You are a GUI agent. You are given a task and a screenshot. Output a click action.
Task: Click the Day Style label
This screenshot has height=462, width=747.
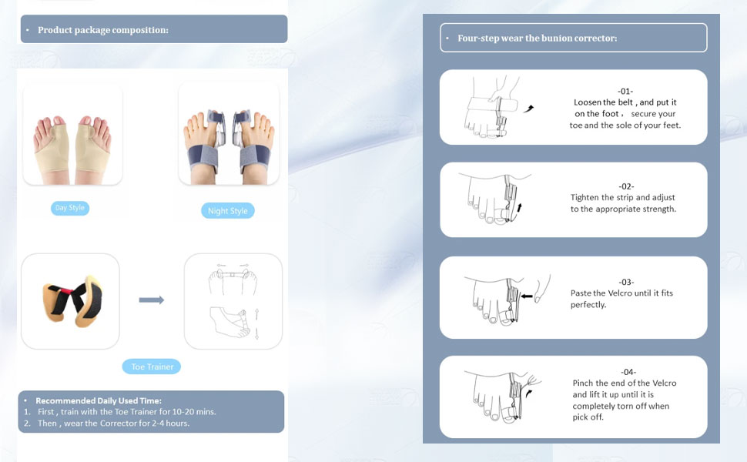click(70, 208)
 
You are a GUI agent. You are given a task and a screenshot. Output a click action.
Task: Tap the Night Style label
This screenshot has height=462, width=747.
click(228, 210)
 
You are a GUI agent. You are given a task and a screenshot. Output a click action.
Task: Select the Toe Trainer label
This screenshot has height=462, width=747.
click(152, 367)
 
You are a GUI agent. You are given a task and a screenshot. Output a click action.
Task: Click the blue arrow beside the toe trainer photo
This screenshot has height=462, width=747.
click(152, 300)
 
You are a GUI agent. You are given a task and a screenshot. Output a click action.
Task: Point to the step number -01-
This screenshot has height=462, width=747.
click(625, 91)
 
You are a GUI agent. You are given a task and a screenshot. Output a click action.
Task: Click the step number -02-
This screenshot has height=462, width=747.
click(626, 186)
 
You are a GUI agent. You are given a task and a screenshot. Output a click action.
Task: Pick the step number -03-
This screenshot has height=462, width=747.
click(626, 282)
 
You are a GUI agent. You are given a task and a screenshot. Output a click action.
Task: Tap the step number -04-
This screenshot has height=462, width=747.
click(628, 372)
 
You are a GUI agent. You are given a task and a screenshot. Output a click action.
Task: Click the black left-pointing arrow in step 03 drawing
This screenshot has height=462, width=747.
click(526, 296)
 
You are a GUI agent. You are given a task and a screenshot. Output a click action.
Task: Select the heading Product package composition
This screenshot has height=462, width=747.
click(103, 30)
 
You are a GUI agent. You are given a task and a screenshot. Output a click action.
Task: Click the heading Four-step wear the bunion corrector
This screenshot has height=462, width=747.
click(538, 38)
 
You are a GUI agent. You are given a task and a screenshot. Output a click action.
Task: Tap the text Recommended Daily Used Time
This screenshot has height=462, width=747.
click(99, 400)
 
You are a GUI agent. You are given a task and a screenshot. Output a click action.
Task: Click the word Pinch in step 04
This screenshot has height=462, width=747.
click(583, 383)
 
